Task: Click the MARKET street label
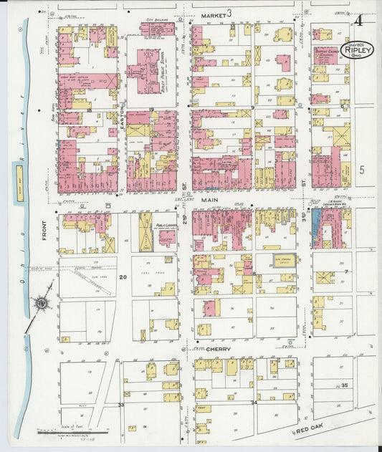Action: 213,14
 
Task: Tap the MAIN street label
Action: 210,201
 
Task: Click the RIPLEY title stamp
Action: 357,49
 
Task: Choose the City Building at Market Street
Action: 157,29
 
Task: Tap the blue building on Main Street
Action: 316,227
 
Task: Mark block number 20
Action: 123,277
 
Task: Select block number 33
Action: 121,405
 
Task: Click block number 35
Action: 345,385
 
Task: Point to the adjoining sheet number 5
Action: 362,170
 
